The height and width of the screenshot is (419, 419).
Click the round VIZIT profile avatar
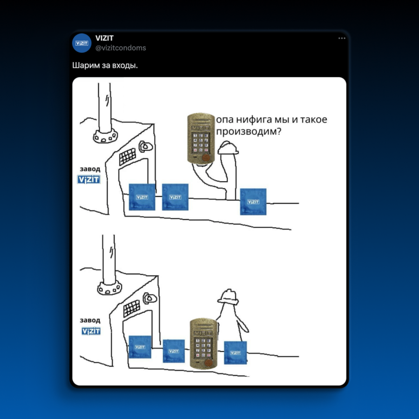click(x=82, y=43)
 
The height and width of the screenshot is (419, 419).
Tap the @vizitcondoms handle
click(x=121, y=48)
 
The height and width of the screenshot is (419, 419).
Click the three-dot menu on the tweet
click(x=342, y=38)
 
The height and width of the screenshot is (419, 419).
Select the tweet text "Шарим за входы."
click(x=105, y=65)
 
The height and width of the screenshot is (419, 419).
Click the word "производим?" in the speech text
click(x=249, y=131)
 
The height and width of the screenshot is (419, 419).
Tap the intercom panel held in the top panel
click(x=201, y=138)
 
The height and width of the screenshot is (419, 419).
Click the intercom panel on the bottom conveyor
click(x=203, y=344)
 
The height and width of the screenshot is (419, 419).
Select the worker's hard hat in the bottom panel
click(x=228, y=297)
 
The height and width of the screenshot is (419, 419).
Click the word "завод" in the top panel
click(x=90, y=169)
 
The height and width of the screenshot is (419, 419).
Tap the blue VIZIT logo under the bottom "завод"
click(x=91, y=331)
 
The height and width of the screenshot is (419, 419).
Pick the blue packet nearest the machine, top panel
click(x=142, y=197)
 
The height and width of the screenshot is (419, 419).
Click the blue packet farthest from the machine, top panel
click(x=253, y=202)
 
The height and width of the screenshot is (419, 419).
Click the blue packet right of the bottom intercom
click(x=235, y=353)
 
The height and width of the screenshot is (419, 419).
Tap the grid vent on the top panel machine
click(x=128, y=156)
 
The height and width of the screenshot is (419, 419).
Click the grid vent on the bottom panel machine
click(x=131, y=308)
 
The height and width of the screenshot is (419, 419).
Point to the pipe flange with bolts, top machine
click(x=105, y=136)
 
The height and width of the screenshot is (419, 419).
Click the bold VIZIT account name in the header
click(x=104, y=38)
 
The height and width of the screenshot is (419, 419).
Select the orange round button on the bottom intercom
click(x=208, y=363)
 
